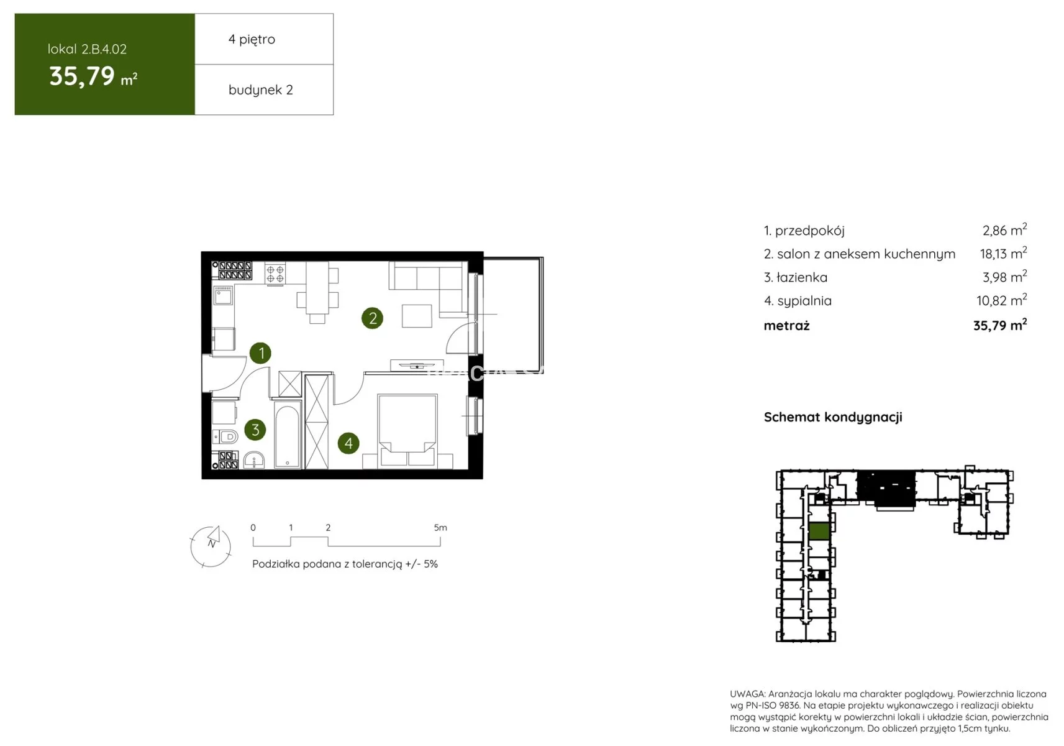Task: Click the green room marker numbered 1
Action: [261, 353]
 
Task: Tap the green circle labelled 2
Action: [373, 318]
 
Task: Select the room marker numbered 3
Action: [255, 430]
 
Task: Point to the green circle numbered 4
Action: [348, 443]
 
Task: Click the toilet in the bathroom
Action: [225, 436]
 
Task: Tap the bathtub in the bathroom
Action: [288, 435]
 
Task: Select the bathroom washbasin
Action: [254, 460]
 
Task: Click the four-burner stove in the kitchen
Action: [275, 274]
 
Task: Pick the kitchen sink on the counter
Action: [223, 296]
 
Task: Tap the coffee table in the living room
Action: [417, 316]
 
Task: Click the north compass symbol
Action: [211, 546]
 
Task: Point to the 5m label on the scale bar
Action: [440, 527]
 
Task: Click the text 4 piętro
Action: [252, 39]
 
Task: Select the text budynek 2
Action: [261, 90]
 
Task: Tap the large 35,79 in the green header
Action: [82, 76]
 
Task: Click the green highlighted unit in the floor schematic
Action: [819, 531]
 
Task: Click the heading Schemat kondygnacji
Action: [833, 417]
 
